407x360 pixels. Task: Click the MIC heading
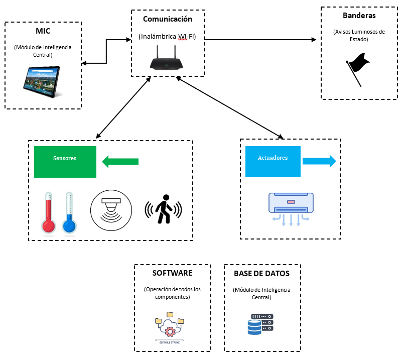(43, 31)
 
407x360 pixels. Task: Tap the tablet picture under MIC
(43, 80)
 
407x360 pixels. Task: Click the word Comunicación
(168, 19)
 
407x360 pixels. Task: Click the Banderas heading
(359, 16)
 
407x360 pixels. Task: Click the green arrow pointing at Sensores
(120, 162)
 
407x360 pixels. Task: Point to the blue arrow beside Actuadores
(319, 161)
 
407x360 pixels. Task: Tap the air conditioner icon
(291, 209)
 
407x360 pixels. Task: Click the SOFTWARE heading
(172, 274)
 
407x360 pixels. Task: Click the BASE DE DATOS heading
(261, 274)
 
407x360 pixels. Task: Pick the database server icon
(260, 324)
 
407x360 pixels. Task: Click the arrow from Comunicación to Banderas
(261, 39)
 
